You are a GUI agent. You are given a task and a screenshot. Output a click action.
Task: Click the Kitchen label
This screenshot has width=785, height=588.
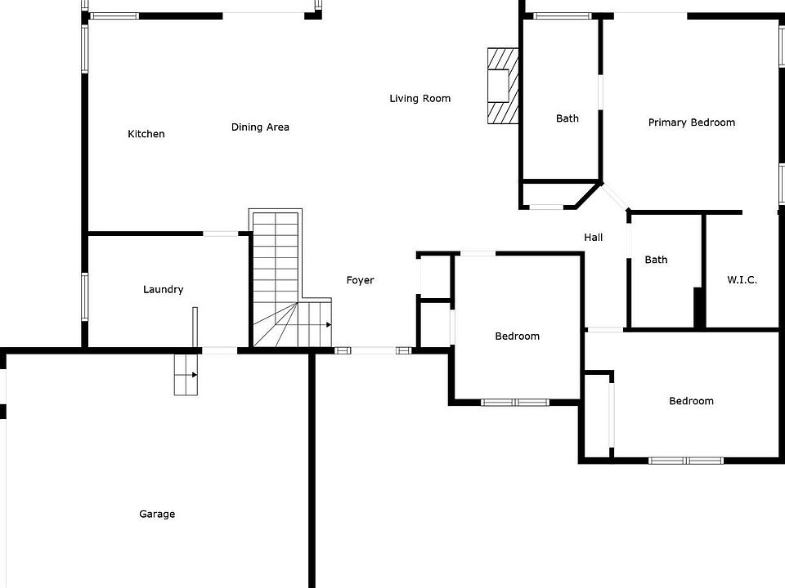146,134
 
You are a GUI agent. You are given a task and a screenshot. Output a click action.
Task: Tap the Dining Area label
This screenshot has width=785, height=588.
260,127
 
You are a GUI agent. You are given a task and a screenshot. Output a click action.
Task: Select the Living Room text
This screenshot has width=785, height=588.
419,99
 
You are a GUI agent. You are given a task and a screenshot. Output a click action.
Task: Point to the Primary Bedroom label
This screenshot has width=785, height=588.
691,122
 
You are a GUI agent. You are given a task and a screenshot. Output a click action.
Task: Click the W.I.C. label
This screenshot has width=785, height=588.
742,279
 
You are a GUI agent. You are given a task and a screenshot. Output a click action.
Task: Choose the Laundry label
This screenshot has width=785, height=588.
164,289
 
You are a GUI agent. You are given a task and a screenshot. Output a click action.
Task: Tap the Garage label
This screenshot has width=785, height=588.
157,514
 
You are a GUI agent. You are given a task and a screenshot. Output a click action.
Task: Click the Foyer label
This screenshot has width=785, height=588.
360,280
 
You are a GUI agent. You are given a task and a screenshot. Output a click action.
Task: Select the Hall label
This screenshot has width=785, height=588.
594,237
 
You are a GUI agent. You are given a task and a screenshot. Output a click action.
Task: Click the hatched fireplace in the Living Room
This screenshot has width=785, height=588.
502,85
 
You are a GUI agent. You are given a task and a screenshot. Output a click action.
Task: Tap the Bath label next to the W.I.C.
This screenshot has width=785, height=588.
656,260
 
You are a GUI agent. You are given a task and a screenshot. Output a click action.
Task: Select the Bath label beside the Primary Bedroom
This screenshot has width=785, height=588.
567,118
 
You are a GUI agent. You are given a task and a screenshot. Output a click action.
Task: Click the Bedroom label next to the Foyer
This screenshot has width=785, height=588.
517,336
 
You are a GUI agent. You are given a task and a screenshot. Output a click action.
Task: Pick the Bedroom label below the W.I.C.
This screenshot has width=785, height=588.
691,401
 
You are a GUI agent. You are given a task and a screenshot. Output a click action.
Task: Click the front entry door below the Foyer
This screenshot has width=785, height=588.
373,350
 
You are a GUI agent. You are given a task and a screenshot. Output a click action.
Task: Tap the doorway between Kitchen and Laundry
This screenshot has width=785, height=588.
220,234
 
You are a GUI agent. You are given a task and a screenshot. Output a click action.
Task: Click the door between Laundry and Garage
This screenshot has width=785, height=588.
219,350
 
